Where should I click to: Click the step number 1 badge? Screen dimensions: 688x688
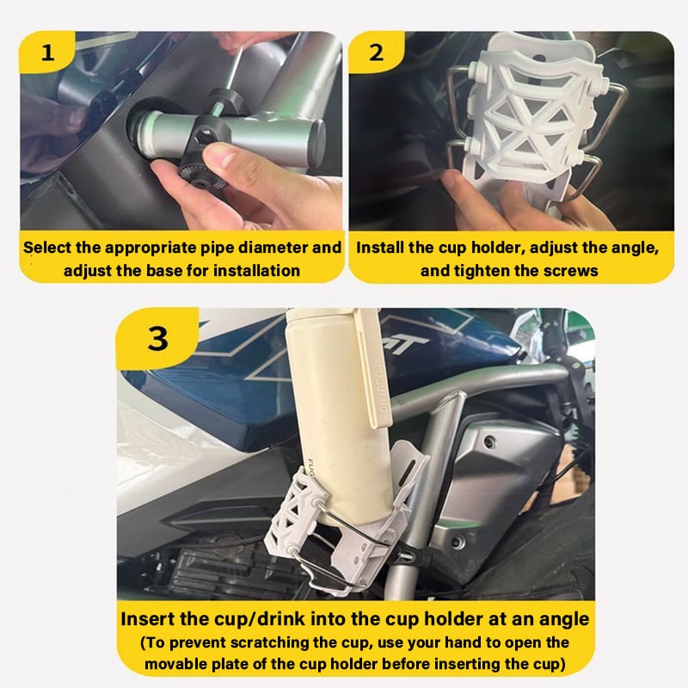47,51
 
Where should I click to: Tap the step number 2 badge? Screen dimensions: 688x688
376,51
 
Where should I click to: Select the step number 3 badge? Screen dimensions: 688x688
158,337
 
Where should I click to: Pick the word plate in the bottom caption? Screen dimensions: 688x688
231,664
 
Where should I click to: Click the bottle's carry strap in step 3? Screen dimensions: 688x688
378,370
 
